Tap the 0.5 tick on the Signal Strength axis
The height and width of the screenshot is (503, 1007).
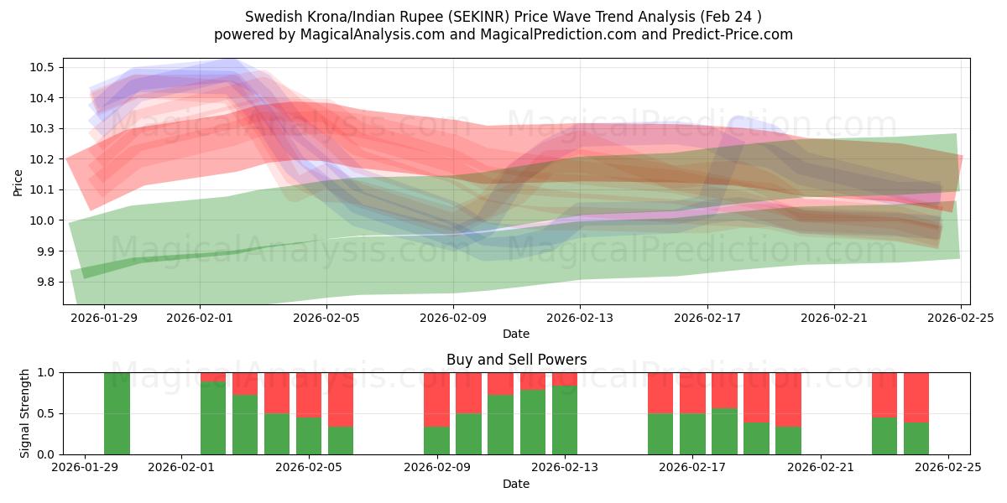point(45,413)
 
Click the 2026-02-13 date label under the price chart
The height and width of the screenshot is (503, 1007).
point(580,319)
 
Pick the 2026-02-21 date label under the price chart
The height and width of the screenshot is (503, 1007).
point(833,319)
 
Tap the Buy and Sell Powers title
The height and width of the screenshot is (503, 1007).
point(515,360)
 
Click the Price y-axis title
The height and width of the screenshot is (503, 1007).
point(18,181)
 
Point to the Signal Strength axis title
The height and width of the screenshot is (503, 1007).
point(25,413)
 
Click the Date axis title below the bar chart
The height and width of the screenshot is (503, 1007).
point(515,484)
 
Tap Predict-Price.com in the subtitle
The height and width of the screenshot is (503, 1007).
point(728,34)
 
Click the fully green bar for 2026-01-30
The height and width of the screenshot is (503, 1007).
point(117,413)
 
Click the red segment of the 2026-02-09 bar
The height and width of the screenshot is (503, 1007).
point(436,399)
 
